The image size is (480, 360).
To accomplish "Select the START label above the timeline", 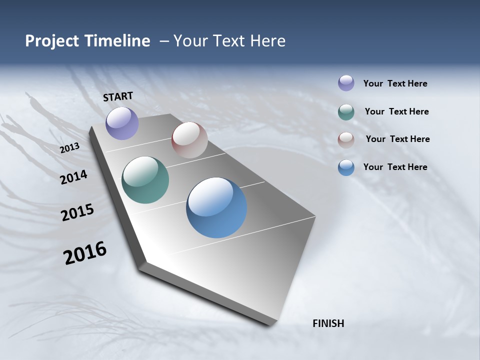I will pos(118,96).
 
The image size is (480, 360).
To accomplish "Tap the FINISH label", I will pos(328,323).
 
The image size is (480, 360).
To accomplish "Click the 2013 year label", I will pos(69,148).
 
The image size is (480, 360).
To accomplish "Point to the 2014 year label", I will pos(73,177).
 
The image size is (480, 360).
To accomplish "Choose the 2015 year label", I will pos(77,213).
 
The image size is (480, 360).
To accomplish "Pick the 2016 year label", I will pos(85,252).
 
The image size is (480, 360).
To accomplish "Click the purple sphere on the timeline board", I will pos(122,123).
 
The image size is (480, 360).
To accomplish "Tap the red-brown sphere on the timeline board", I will pos(189,140).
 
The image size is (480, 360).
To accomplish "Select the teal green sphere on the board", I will pos(145,180).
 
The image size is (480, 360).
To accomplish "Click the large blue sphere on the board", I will pos(216,207).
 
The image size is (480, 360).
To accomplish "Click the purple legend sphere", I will pos(346,83).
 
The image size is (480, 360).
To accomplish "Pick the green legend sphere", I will pos(346,112).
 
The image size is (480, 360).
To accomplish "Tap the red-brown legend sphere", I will pos(346,140).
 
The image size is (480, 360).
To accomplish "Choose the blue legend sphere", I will pos(346,167).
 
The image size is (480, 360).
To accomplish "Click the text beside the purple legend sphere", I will pos(395,84).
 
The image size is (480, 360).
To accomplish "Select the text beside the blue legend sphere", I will pos(395,167).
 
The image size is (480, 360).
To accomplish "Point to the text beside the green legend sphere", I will pos(396,111).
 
